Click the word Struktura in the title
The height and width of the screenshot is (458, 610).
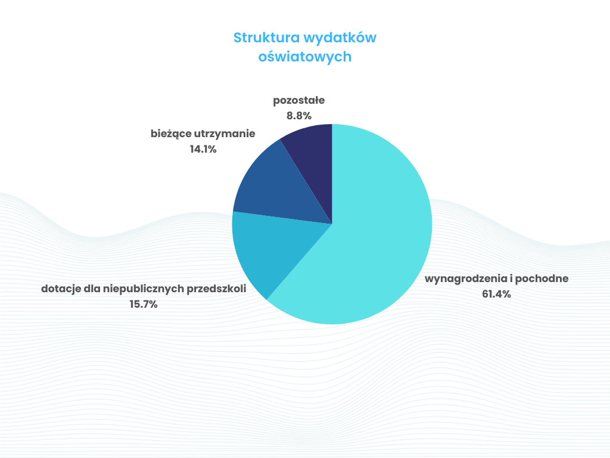tap(266, 38)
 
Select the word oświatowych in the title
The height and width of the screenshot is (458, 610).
tap(305, 57)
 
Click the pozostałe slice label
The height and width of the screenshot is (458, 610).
tap(299, 100)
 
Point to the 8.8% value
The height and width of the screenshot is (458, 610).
tap(299, 116)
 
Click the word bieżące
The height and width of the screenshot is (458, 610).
tap(170, 134)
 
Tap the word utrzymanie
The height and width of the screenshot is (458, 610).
tap(225, 134)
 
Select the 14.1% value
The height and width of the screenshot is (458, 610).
tap(203, 149)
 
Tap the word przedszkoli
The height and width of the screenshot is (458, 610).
tap(217, 289)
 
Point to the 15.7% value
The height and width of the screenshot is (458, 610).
tap(144, 304)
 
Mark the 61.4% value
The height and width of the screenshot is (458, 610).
tap(496, 294)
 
